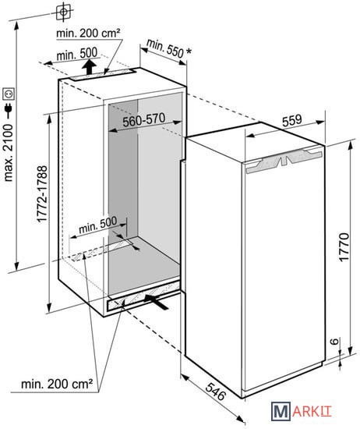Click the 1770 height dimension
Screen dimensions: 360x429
coord(344,247)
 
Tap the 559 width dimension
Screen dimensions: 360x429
coord(292,120)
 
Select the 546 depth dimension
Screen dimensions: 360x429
coord(216,392)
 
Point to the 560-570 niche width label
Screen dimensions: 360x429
coord(144,120)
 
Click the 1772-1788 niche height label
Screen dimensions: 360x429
coord(42,194)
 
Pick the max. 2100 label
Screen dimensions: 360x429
coord(9,153)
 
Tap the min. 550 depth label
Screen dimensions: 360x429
coord(165,48)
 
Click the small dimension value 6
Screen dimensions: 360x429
coord(334,341)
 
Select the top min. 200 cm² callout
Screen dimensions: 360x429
coord(88,33)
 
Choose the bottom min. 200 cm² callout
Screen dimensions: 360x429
coord(57,384)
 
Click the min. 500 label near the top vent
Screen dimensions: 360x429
coord(77,54)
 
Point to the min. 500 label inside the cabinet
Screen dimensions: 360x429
coord(97,225)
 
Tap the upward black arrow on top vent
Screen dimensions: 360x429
coord(90,67)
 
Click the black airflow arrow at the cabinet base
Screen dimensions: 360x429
coord(157,301)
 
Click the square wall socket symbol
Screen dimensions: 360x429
coord(9,94)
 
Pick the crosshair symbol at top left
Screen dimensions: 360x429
coord(63,12)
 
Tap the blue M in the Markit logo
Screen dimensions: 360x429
coord(281,411)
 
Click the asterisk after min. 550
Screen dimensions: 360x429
coord(189,51)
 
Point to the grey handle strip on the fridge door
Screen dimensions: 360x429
coord(284,161)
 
